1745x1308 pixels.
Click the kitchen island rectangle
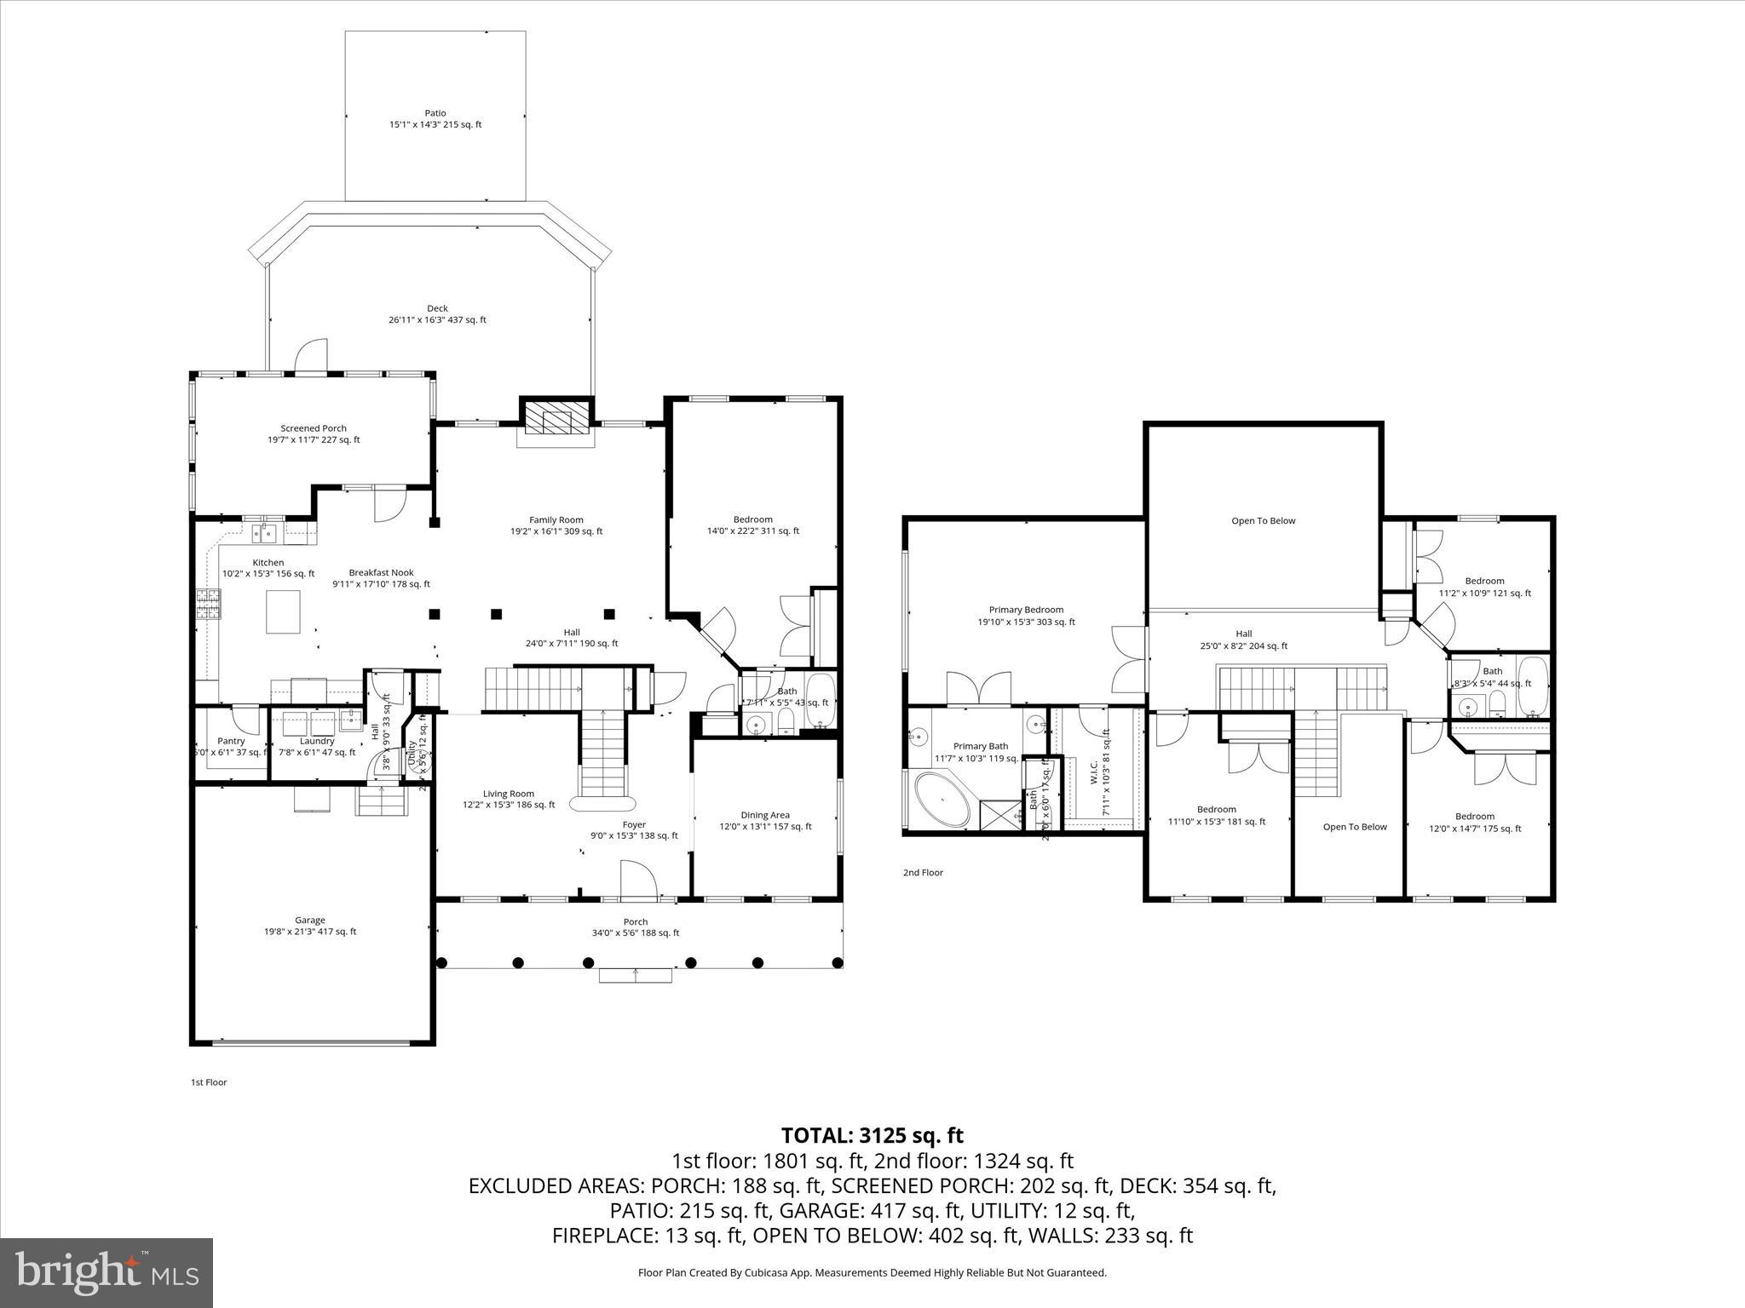pyautogui.click(x=283, y=612)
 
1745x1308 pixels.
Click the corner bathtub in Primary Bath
pyautogui.click(x=942, y=799)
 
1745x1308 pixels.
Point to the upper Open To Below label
pyautogui.click(x=1263, y=520)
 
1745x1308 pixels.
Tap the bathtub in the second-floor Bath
pyautogui.click(x=1532, y=686)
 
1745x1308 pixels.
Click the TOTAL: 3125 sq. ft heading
pyautogui.click(x=872, y=1135)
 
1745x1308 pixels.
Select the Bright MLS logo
pyautogui.click(x=107, y=1272)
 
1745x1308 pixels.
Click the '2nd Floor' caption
pyautogui.click(x=923, y=872)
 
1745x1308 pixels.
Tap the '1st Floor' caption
pyautogui.click(x=209, y=1082)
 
